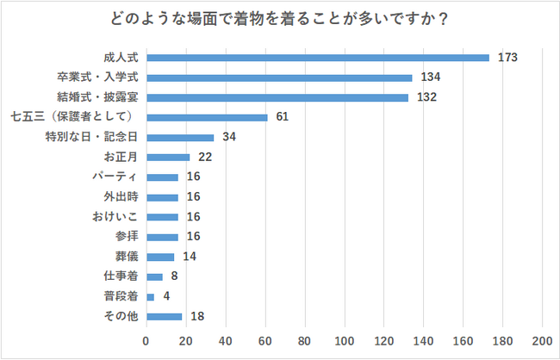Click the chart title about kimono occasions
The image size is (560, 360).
(280, 18)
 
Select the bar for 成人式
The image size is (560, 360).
(318, 58)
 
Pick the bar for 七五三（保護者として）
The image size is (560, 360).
(207, 117)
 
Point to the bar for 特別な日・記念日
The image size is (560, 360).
(180, 137)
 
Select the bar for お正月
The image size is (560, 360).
(168, 157)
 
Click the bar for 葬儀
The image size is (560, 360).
(160, 257)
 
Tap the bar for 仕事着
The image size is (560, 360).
(154, 276)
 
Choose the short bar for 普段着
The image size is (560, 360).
(151, 296)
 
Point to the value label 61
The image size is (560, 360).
(282, 117)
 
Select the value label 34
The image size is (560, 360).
(228, 137)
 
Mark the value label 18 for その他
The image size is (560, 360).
(196, 316)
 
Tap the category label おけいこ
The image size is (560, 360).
(115, 216)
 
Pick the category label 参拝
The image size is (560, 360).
(127, 237)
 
